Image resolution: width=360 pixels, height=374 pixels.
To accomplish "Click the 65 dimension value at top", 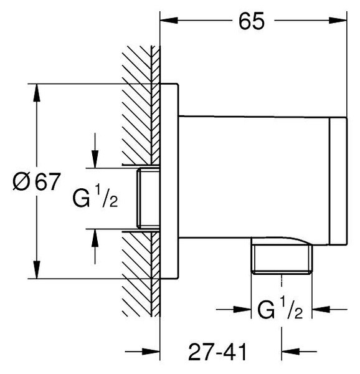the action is pos(252,21).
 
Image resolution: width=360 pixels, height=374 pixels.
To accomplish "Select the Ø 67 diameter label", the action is pos(36,181).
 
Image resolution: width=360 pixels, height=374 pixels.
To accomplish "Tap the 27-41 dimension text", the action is pos(217,352).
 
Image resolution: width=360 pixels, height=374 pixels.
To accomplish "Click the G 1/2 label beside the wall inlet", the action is pos(95,197).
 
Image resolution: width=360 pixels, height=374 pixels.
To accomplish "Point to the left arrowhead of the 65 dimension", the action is pos(169,21).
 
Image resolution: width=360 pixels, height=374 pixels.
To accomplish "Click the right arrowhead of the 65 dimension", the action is pos(338,21).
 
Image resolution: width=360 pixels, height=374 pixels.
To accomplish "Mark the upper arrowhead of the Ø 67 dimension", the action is pos(37,93).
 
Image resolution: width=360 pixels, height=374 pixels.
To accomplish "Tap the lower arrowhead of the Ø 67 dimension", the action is pos(37,269).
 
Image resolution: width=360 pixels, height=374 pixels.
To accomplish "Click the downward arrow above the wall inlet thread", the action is pos(95,150).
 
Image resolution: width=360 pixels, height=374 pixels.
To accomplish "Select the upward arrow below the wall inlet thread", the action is pos(95,247).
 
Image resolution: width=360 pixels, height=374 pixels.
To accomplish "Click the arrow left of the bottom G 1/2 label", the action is pos(234,310).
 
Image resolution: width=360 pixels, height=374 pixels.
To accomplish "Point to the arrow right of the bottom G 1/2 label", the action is pos(329,310).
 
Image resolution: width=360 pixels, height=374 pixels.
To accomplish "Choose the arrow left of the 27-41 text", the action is pos(143,352).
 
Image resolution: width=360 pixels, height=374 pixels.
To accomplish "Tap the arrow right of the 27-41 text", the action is pos(299,352).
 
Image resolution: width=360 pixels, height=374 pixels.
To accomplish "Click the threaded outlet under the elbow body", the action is pos(282,259).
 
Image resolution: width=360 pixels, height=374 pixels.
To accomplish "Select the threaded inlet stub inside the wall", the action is pos(148,198).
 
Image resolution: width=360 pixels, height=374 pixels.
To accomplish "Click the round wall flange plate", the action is pos(169,181).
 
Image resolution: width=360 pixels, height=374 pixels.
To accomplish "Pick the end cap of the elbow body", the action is pos(338,181).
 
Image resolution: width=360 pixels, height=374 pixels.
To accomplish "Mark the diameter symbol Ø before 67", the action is pos(21,182).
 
